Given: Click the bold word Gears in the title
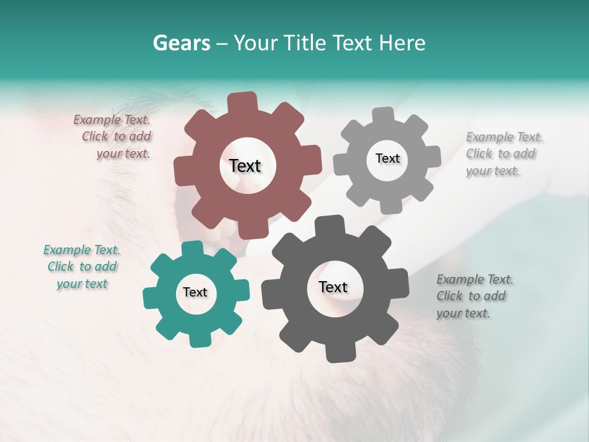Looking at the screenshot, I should pyautogui.click(x=180, y=43).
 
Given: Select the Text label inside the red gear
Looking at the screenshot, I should pyautogui.click(x=245, y=166).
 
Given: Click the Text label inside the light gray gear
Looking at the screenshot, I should pyautogui.click(x=387, y=158).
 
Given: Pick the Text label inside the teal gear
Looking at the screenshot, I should pyautogui.click(x=195, y=292).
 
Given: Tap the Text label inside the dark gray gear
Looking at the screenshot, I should pyautogui.click(x=333, y=287).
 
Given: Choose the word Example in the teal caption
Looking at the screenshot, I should pyautogui.click(x=66, y=250).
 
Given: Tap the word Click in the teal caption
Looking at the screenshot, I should pyautogui.click(x=61, y=267).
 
